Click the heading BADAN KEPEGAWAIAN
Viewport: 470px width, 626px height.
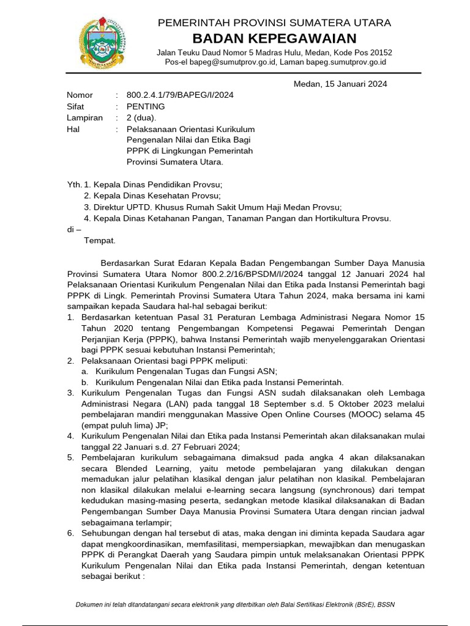tap(274, 39)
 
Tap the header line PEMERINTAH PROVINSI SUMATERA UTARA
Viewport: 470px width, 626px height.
tap(274, 23)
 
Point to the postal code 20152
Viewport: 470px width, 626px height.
tap(380, 53)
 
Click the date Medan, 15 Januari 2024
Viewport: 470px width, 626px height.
tap(340, 84)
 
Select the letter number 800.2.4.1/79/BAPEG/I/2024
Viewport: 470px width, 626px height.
tap(180, 95)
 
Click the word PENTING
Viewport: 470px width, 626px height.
tap(146, 106)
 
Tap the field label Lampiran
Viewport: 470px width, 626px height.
tap(84, 118)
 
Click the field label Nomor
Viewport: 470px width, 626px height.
tap(80, 95)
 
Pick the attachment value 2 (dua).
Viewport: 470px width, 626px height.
tap(141, 118)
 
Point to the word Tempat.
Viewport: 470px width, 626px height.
tap(99, 240)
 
